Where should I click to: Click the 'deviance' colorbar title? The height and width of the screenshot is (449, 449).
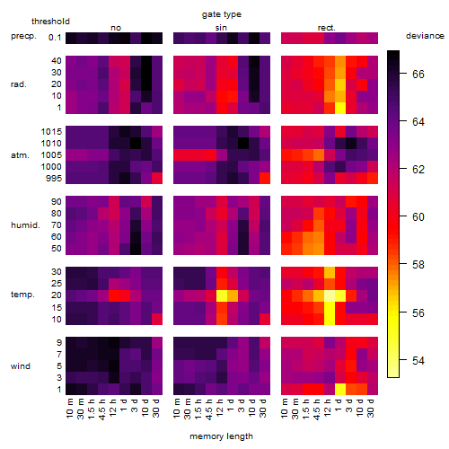[x=425, y=36]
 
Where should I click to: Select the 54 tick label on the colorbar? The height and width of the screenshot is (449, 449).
[x=418, y=360]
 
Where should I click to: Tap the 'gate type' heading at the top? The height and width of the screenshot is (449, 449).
[x=222, y=14]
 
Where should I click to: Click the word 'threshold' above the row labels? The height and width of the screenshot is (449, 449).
[x=50, y=22]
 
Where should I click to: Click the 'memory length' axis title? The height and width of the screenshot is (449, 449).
[x=222, y=436]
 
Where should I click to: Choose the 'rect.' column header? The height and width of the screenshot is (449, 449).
[x=327, y=28]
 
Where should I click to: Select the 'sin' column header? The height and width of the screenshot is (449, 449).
[x=221, y=28]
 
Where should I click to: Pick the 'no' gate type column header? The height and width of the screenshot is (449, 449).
[x=116, y=28]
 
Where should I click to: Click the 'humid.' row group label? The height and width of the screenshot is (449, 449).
[x=25, y=225]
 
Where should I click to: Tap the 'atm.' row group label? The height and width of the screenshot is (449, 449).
[x=20, y=155]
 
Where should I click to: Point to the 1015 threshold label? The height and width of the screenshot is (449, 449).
[x=51, y=132]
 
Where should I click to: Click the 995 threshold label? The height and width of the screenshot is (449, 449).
[x=54, y=179]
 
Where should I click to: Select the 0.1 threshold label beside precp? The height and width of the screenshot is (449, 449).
[x=55, y=38]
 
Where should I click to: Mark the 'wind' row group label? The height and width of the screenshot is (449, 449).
[x=21, y=366]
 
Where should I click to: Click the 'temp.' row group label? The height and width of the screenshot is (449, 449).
[x=22, y=295]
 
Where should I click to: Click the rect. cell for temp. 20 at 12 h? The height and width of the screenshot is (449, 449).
[x=330, y=295]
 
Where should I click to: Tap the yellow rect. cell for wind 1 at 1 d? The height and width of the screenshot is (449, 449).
[x=340, y=389]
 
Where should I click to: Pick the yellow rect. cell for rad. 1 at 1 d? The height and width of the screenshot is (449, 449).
[x=340, y=108]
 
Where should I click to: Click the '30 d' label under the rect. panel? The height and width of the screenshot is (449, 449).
[x=371, y=408]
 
